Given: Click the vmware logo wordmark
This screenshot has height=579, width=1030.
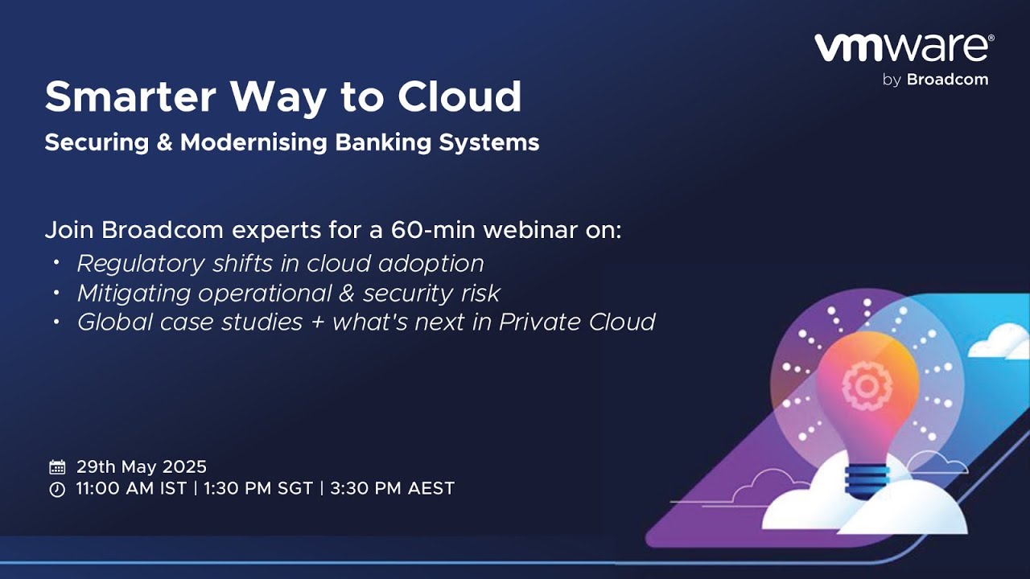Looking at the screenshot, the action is click(902, 47).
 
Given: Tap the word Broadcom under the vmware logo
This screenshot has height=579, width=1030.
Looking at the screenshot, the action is click(947, 80).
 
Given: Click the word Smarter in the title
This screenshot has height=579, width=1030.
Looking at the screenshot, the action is click(130, 96).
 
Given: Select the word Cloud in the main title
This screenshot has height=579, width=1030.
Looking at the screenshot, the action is click(459, 96).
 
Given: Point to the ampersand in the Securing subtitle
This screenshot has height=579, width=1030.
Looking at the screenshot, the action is click(165, 142).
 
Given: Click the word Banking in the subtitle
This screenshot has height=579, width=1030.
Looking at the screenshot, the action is click(383, 143).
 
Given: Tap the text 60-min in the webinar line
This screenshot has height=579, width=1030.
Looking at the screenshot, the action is click(433, 230).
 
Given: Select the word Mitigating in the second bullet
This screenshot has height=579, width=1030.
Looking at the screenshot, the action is click(134, 294).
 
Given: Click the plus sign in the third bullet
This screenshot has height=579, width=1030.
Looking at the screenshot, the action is click(318, 322).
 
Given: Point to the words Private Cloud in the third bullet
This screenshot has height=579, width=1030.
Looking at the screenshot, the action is click(577, 322).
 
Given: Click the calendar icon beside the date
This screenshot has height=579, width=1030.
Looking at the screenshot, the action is click(57, 467).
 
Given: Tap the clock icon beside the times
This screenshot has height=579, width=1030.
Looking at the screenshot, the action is click(57, 490).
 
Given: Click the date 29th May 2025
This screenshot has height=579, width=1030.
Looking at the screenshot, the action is click(142, 467).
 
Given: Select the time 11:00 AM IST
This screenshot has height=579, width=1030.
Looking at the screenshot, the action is click(131, 488).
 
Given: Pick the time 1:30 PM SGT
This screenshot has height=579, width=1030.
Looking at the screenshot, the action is click(258, 488).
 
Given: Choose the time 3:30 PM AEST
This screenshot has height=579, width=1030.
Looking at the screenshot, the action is click(392, 488).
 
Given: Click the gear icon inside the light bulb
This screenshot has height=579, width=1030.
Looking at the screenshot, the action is click(867, 385).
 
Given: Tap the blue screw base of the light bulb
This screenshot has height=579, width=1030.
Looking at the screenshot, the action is click(867, 481).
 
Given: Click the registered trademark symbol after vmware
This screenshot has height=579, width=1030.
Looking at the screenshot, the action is click(991, 38).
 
